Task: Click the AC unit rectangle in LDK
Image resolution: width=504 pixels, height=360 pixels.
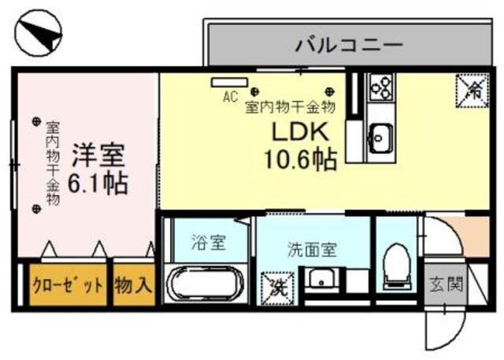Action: pyautogui.click(x=229, y=81)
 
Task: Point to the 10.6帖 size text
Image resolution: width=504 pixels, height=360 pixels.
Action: pyautogui.click(x=300, y=160)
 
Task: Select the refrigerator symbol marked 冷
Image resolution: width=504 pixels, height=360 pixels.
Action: pyautogui.click(x=472, y=89)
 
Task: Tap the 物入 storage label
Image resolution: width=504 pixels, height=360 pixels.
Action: pyautogui.click(x=133, y=285)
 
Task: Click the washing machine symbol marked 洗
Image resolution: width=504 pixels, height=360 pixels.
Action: pyautogui.click(x=276, y=284)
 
